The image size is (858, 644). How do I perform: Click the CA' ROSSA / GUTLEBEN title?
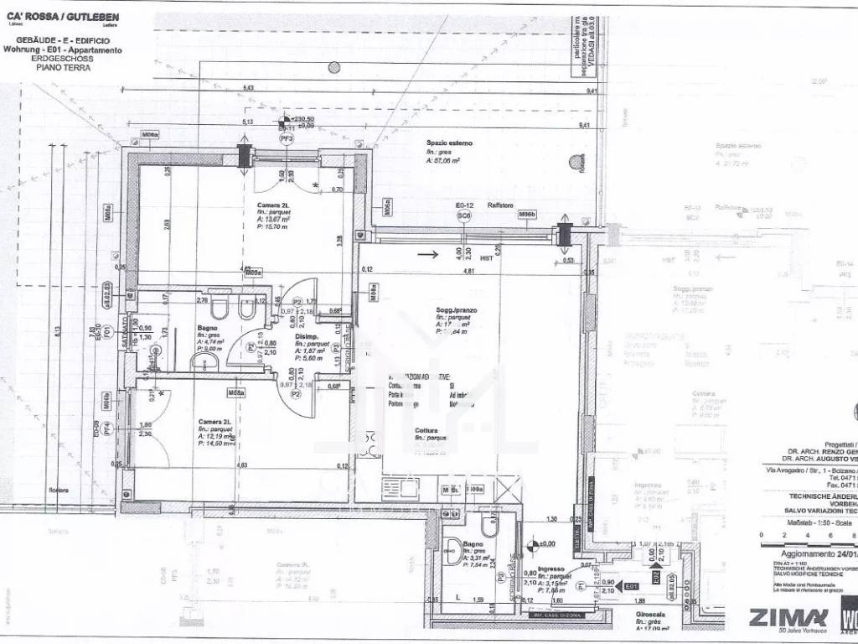63,16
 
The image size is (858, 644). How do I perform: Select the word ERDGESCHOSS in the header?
64,60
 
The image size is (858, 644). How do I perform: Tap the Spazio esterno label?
448,143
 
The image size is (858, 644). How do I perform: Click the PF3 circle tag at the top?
287,140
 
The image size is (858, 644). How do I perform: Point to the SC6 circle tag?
463,216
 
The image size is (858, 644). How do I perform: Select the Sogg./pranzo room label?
455,310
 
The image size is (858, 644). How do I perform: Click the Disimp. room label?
306,337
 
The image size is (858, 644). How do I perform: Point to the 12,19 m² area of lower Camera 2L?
216,436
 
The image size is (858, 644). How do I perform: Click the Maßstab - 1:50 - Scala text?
807,522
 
